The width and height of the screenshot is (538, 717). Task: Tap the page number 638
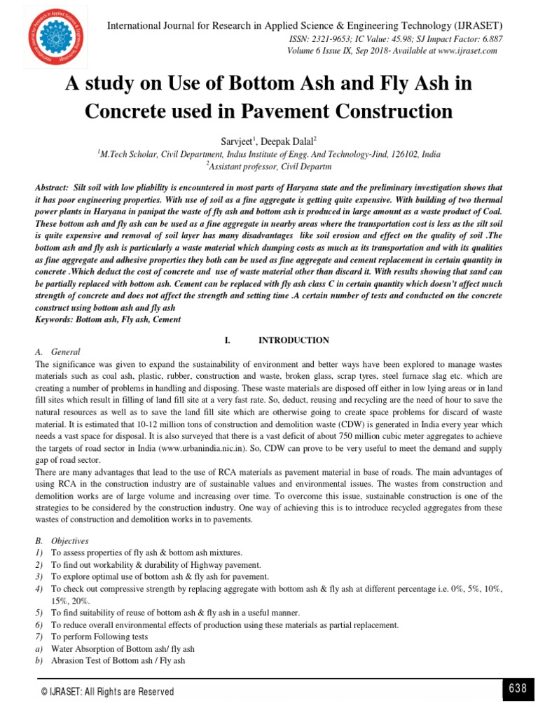coord(518,688)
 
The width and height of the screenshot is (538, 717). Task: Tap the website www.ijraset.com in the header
coord(459,50)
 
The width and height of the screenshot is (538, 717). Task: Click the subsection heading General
coord(66,352)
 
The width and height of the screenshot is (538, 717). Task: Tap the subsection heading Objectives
coord(69,541)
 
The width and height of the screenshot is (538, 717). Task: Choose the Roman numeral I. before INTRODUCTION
coord(228,340)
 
